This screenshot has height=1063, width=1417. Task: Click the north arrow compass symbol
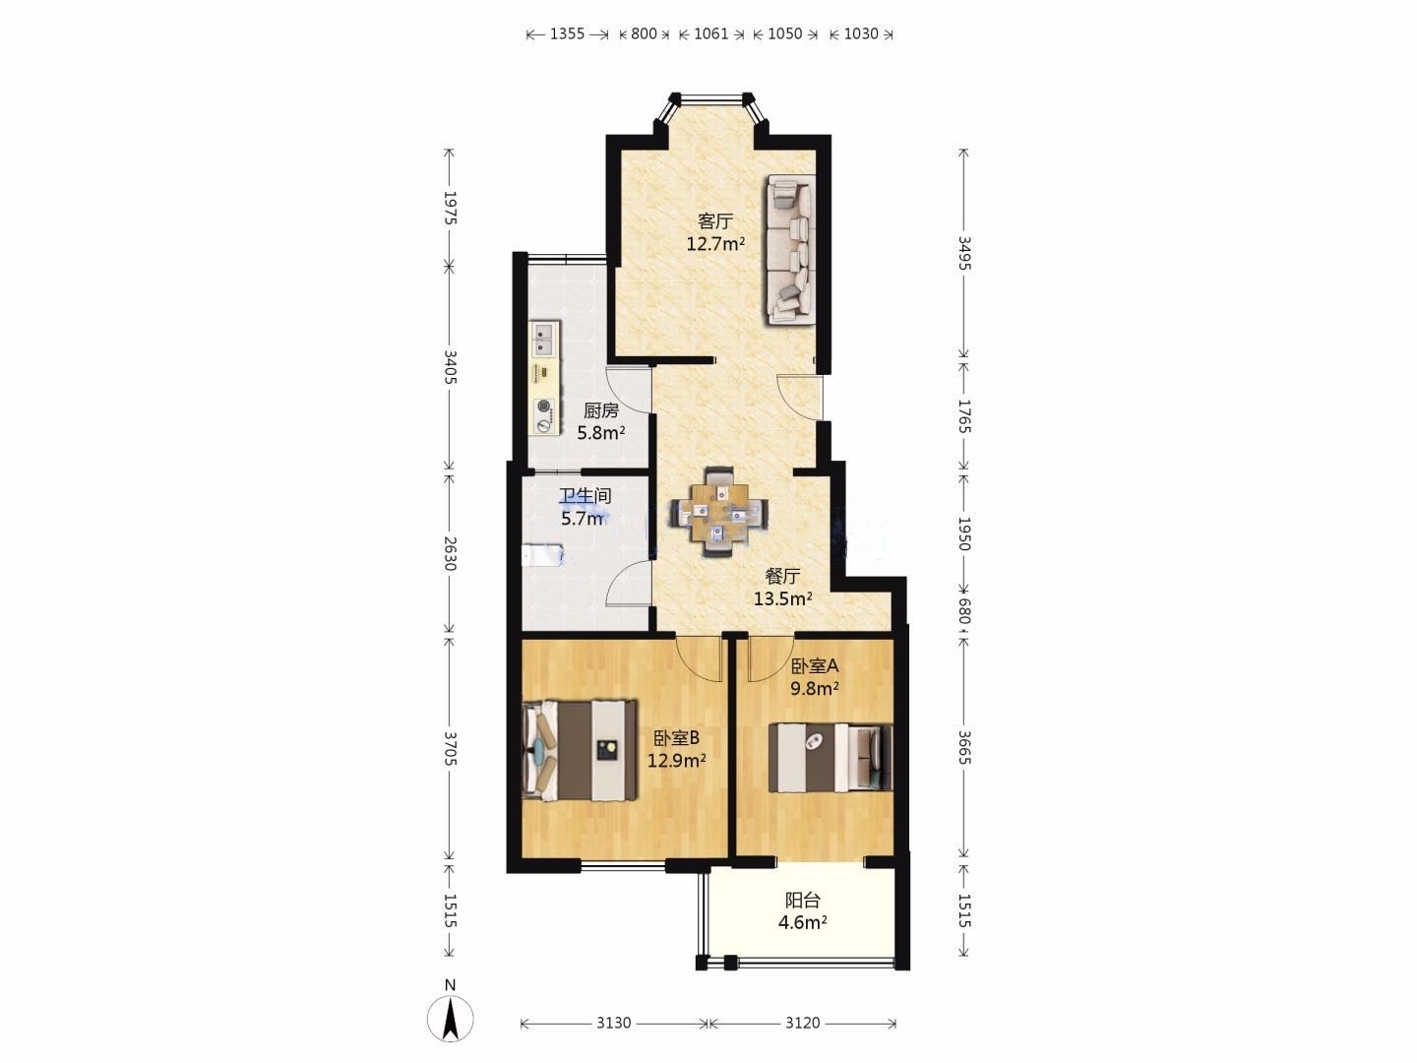pos(450,1019)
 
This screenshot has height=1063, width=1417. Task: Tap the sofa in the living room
pos(790,250)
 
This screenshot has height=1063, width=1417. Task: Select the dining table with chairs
pos(719,512)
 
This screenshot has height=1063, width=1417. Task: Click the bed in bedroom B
pos(580,751)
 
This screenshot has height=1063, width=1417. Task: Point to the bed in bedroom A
pos(831,758)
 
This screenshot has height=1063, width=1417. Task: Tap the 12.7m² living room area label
pos(715,245)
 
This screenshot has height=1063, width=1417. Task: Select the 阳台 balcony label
pos(802,900)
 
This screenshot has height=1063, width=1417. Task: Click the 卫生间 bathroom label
pos(585,496)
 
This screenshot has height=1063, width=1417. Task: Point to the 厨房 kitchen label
pos(601,410)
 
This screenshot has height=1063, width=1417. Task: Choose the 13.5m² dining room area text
pos(783,599)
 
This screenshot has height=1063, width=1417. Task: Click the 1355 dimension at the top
pos(567,33)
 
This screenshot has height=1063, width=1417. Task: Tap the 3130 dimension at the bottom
pos(613,1023)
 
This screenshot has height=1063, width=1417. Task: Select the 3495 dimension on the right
pos(963,254)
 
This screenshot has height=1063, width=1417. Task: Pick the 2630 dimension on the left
pos(450,554)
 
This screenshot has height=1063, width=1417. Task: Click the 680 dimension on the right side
pos(963,610)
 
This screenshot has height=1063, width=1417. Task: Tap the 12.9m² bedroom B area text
pos(677,760)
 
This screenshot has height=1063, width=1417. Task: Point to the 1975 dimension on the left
pos(450,208)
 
